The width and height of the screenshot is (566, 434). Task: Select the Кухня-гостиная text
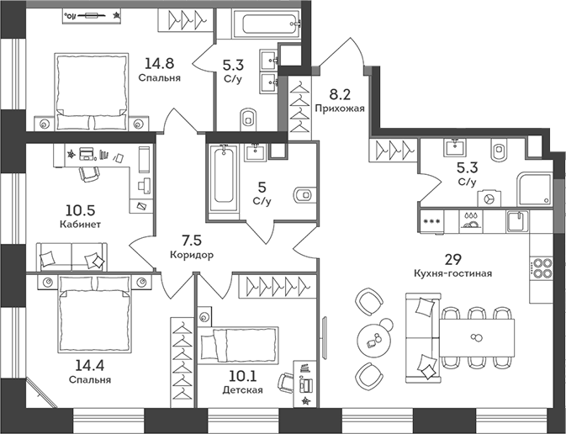pyautogui.click(x=452, y=273)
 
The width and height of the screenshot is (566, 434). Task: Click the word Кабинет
pyautogui.click(x=81, y=225)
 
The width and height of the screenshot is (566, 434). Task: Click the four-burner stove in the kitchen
pyautogui.click(x=542, y=268)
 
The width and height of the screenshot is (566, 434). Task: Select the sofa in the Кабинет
pyautogui.click(x=72, y=255)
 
